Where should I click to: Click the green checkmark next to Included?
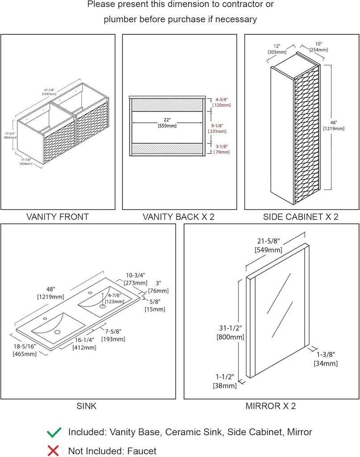click(x=54, y=432)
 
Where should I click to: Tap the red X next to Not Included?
click(x=54, y=451)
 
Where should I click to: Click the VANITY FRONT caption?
click(x=57, y=217)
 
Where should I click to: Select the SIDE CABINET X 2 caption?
click(x=301, y=217)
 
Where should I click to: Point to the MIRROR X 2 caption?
click(x=271, y=406)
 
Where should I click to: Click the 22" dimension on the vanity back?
click(x=167, y=120)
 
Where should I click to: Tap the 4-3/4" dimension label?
click(x=222, y=100)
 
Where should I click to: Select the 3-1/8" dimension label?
click(x=222, y=146)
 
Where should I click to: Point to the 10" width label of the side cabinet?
click(x=318, y=44)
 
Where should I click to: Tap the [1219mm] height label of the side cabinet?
click(x=334, y=129)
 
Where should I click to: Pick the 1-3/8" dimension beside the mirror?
click(x=325, y=355)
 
